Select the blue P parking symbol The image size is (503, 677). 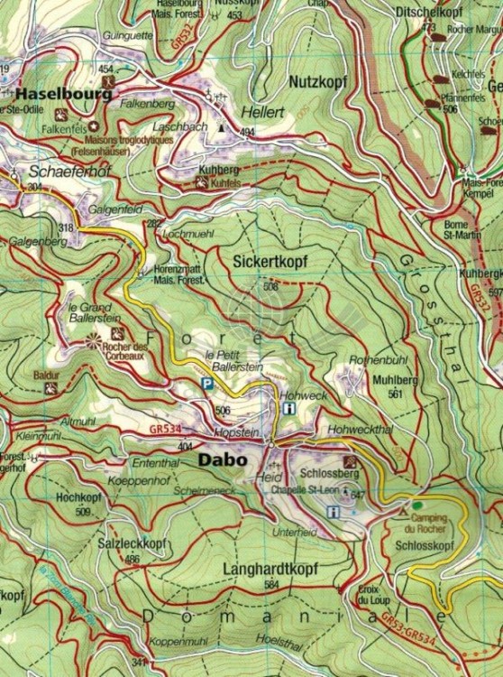206,385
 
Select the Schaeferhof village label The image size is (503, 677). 58,170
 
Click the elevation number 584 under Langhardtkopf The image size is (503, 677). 270,585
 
